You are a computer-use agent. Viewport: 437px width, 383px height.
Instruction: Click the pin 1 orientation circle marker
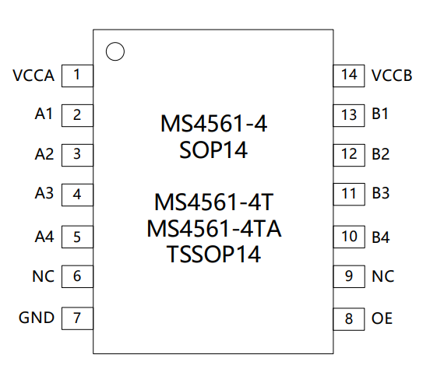click(115, 43)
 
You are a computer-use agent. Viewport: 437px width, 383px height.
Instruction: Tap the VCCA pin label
click(33, 76)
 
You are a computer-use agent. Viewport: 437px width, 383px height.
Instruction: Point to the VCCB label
click(392, 76)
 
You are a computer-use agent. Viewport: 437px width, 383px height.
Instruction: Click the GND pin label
click(37, 318)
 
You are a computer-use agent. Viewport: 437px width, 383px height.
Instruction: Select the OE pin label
click(382, 318)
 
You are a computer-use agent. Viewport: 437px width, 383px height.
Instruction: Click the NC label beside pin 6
click(43, 276)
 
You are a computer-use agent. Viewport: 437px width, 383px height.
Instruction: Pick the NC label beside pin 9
click(383, 276)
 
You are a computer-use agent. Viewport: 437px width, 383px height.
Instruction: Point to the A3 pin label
click(44, 193)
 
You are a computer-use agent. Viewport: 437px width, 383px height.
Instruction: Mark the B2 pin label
click(380, 154)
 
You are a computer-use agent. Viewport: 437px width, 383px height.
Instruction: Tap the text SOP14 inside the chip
click(213, 150)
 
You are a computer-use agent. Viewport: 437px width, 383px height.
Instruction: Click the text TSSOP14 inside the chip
click(213, 254)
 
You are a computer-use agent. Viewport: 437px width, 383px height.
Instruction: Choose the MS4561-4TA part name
click(214, 229)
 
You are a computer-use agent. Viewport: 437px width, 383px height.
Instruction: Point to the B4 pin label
click(380, 237)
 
